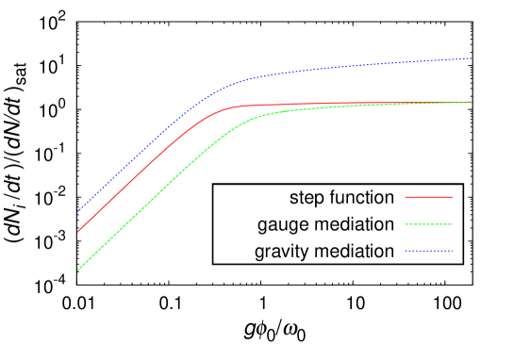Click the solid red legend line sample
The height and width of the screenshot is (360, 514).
coord(428,197)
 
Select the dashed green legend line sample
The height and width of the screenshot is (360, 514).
coord(428,224)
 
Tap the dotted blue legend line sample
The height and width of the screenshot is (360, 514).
coord(428,251)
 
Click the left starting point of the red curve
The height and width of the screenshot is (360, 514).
coord(77,231)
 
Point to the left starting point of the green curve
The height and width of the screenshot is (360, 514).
coord(77,270)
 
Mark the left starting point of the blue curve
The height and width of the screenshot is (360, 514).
coord(77,211)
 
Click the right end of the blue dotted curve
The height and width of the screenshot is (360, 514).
coord(472,58)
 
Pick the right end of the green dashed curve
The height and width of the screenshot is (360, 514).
coord(472,102)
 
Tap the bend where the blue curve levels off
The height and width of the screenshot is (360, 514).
coord(231,84)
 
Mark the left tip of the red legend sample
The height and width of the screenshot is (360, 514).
coord(406,197)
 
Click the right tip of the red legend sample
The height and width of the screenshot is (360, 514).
coord(452,197)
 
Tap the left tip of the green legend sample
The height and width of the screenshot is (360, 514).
coord(406,224)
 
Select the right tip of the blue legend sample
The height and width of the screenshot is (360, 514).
coord(452,251)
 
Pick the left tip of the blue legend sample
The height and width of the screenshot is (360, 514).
coord(406,251)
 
